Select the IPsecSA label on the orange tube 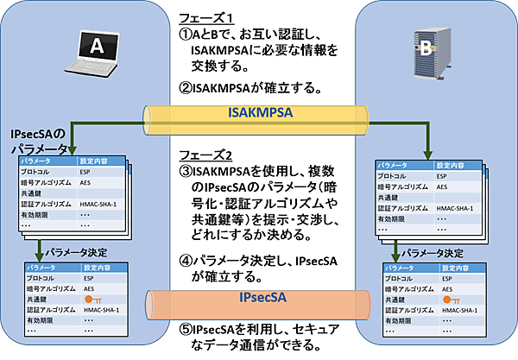[x=260, y=300]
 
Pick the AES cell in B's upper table [x=442, y=186]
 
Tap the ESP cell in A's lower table [x=88, y=279]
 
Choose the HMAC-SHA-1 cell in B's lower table [x=452, y=309]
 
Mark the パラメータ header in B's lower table [x=399, y=268]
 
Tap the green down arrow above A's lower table [x=39, y=252]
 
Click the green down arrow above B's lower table [x=395, y=252]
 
